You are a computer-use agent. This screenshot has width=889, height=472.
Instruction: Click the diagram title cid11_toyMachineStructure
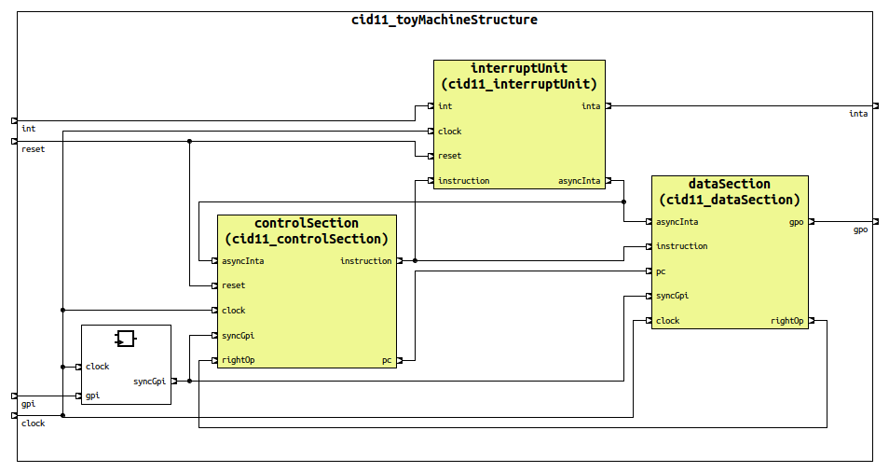click(x=444, y=20)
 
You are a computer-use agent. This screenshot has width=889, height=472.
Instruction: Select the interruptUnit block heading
click(x=519, y=76)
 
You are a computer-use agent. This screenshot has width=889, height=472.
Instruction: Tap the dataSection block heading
click(x=729, y=191)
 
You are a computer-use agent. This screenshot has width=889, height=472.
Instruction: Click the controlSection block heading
click(x=307, y=230)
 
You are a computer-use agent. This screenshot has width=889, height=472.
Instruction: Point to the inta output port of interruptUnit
click(x=608, y=106)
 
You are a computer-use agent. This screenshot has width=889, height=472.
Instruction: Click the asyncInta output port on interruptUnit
click(x=608, y=181)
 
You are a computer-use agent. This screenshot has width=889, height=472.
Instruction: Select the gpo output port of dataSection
click(x=811, y=222)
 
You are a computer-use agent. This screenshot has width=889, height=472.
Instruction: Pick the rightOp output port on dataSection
click(x=811, y=321)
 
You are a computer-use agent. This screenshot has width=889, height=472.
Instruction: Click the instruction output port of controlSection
click(x=399, y=261)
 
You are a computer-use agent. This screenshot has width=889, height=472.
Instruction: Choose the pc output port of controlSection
click(x=399, y=360)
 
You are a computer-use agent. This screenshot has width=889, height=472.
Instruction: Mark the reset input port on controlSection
click(x=215, y=285)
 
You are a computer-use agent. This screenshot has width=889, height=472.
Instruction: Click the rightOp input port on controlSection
click(x=215, y=360)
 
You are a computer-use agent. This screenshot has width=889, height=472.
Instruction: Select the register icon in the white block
click(x=126, y=339)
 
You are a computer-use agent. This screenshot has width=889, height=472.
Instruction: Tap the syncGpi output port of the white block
click(x=173, y=381)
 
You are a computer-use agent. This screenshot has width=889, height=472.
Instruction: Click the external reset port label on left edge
click(x=33, y=149)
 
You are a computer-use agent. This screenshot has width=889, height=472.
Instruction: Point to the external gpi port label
click(x=28, y=404)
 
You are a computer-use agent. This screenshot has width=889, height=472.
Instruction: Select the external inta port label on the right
click(x=857, y=114)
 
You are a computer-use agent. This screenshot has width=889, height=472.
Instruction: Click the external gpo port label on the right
click(x=860, y=229)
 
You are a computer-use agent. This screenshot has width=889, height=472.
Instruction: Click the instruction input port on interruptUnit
click(x=431, y=181)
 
